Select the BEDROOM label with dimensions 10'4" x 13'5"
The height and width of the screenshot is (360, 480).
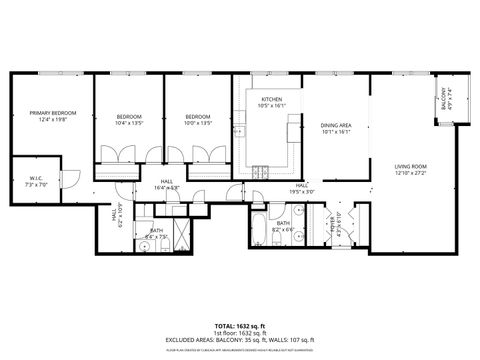(128, 117)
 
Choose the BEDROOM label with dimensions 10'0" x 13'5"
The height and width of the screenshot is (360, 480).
(198, 117)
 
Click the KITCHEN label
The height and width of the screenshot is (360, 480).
(271, 99)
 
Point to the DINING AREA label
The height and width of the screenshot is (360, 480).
(336, 124)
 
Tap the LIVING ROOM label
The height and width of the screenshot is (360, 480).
(410, 166)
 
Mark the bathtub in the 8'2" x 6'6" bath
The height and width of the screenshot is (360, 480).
(259, 230)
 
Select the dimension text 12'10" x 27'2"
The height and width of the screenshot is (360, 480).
(410, 173)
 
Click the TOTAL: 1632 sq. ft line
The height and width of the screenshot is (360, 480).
(240, 325)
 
